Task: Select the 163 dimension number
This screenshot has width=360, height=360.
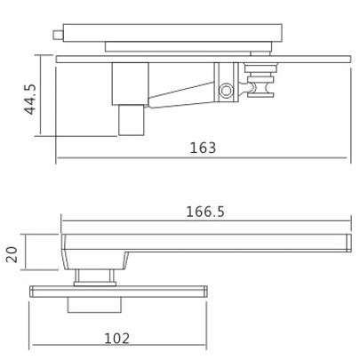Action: tap(203, 148)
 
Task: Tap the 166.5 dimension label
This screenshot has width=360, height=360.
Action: tap(204, 212)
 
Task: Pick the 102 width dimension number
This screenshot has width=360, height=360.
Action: tap(117, 338)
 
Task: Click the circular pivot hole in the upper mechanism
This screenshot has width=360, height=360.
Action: tap(227, 90)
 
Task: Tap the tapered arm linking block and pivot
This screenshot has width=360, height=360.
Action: tap(182, 94)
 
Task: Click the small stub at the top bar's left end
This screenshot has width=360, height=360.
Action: tap(59, 36)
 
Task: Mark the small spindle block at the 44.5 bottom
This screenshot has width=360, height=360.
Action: tap(131, 119)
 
